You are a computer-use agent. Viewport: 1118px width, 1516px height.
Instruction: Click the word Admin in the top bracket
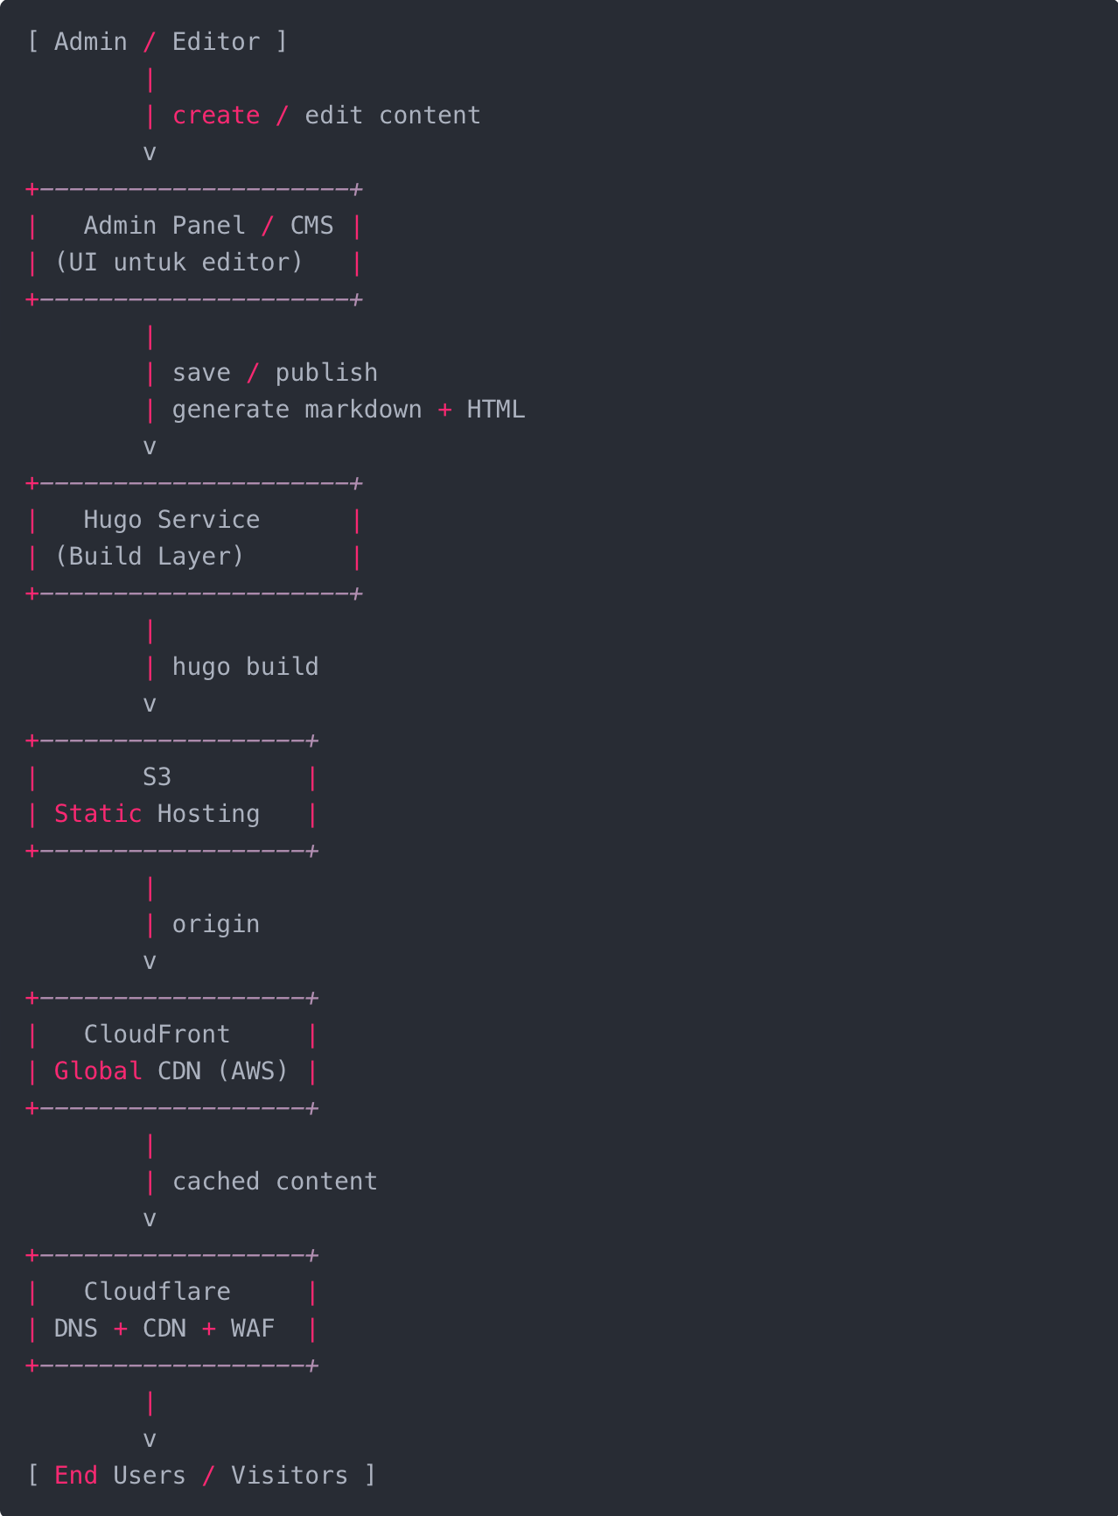point(90,42)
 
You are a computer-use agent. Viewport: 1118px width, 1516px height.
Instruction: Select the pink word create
point(216,116)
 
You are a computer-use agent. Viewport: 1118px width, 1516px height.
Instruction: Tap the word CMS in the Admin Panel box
point(311,226)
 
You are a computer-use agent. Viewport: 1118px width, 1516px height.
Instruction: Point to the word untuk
point(150,263)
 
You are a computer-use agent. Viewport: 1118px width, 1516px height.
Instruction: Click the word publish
point(326,373)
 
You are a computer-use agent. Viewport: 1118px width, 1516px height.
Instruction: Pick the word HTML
point(495,410)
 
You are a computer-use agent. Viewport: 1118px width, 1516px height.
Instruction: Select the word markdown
point(363,410)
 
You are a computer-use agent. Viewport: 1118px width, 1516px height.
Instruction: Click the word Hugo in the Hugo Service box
point(113,520)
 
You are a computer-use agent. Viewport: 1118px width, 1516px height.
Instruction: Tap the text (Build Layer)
point(150,557)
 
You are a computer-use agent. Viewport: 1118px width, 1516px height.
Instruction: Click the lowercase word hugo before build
point(201,667)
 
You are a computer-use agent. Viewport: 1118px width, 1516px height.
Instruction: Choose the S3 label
point(157,777)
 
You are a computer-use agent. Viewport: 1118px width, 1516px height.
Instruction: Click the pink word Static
point(98,814)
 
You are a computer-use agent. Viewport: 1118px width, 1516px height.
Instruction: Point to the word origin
point(216,924)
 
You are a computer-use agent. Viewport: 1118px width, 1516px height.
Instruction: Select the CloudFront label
point(157,1035)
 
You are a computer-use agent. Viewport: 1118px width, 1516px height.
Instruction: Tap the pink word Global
point(98,1071)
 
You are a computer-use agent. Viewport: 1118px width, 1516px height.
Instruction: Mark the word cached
point(216,1182)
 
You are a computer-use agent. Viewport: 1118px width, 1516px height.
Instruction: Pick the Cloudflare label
point(157,1292)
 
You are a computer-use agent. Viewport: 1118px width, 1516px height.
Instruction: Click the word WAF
point(253,1329)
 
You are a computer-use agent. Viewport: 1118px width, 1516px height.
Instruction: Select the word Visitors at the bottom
point(290,1476)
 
